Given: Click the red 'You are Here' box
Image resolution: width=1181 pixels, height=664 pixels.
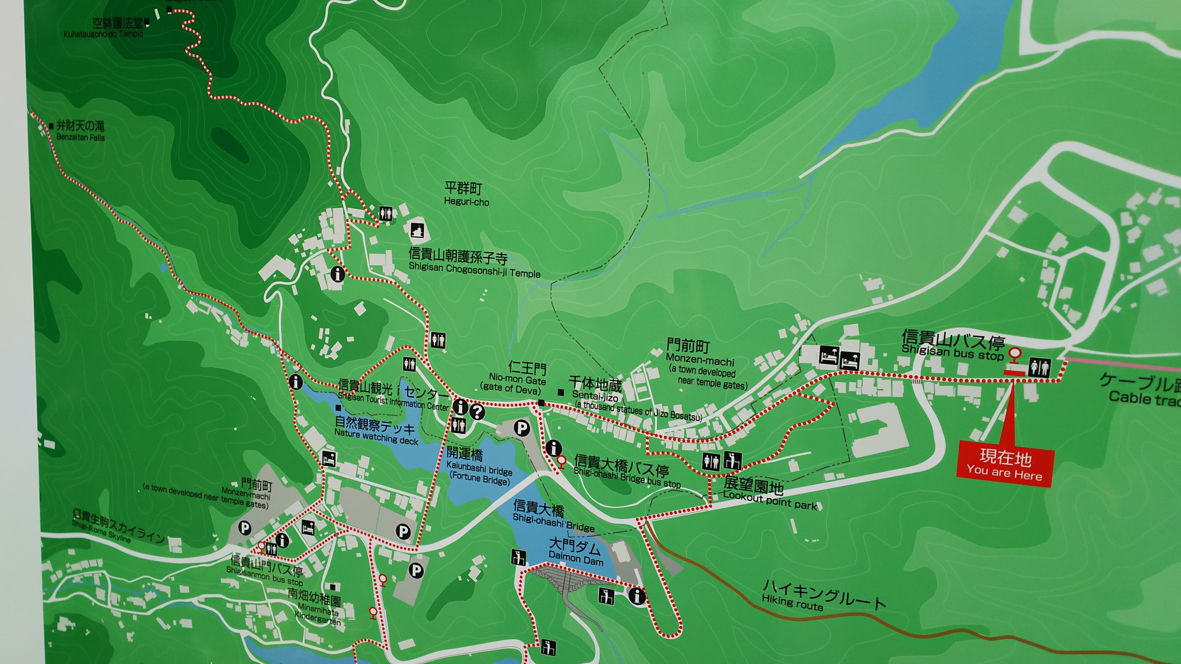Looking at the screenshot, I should click(1005, 465).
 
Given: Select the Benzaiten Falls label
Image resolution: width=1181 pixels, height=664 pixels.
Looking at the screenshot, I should click(80, 131).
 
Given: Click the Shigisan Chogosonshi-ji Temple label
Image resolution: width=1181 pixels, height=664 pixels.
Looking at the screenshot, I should click(474, 264).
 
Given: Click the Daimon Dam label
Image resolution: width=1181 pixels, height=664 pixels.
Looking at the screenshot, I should click(576, 551).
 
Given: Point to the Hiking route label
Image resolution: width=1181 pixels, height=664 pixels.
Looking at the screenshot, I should click(823, 595).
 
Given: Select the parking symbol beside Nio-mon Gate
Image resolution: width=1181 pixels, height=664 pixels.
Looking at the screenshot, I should click(522, 427).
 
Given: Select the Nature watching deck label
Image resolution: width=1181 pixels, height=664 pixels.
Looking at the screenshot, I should click(375, 430).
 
